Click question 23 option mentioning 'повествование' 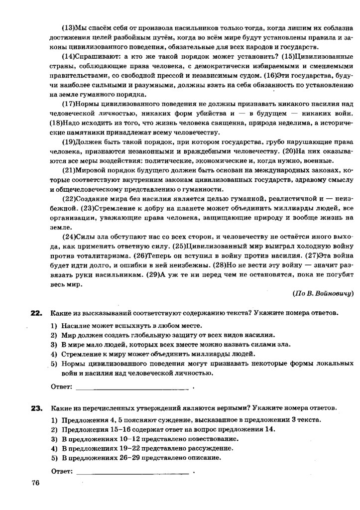point(145,439)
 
